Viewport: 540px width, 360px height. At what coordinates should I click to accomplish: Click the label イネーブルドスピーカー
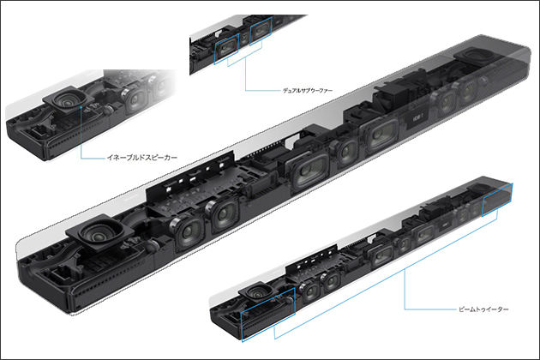click(x=142, y=158)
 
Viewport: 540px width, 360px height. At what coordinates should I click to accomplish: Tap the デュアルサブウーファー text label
click(x=308, y=91)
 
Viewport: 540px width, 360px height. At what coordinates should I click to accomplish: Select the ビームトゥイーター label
click(x=483, y=309)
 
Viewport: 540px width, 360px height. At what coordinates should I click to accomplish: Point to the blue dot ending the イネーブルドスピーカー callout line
click(x=81, y=107)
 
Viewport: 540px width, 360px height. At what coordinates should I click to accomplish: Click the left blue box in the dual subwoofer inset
click(x=226, y=49)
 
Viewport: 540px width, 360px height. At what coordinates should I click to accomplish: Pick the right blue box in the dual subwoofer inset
click(x=261, y=31)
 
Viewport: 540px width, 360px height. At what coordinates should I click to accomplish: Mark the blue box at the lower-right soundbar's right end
click(x=497, y=200)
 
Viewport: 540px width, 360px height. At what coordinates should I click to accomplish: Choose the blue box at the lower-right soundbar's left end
click(x=268, y=315)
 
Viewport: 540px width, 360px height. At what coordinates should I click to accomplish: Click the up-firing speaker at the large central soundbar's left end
click(x=99, y=231)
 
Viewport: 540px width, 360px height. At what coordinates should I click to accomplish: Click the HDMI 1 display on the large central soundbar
click(x=417, y=119)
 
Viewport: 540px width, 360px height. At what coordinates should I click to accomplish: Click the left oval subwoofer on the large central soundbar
click(x=307, y=171)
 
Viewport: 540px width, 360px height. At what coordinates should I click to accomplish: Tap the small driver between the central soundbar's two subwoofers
click(x=345, y=152)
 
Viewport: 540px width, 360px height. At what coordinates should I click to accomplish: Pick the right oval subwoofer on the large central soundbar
click(x=379, y=134)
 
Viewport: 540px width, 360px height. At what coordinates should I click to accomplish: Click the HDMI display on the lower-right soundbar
click(x=444, y=225)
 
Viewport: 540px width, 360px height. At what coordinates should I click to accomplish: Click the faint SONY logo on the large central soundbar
click(x=131, y=196)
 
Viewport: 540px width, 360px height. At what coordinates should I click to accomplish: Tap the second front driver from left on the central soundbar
click(x=221, y=215)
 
